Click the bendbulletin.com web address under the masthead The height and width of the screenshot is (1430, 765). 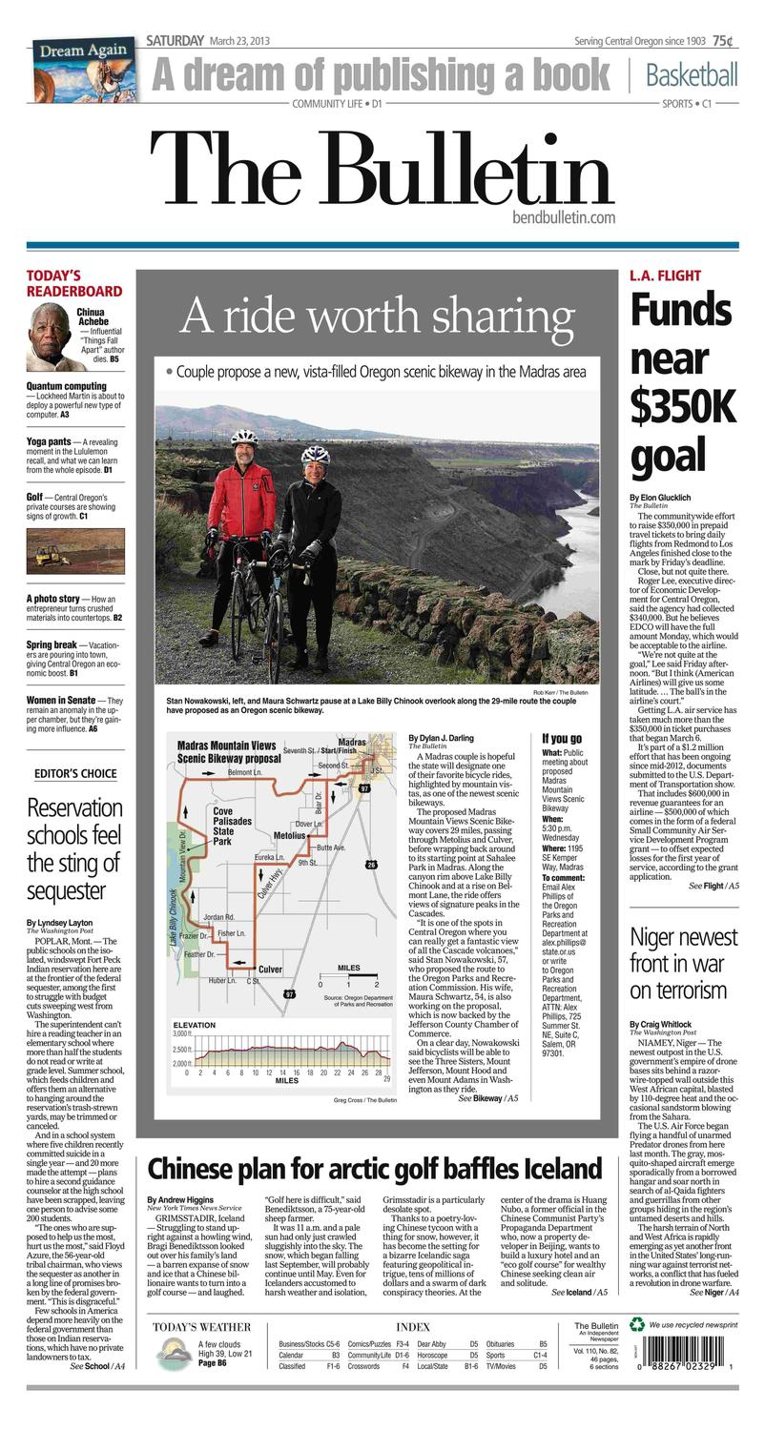point(563,218)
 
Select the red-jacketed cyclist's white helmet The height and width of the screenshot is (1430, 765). point(244,438)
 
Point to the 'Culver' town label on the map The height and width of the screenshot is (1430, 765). point(271,969)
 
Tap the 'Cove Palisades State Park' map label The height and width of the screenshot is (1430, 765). point(233,826)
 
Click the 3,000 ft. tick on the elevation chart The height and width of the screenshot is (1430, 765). point(182,1033)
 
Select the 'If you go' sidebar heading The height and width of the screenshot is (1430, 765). point(562,739)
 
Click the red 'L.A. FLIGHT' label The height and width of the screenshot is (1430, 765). point(665,276)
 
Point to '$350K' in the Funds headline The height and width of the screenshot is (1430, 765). point(682,406)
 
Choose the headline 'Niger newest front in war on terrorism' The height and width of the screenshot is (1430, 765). point(683,963)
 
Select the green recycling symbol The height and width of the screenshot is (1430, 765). point(636,1323)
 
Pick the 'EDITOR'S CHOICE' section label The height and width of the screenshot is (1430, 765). point(75,773)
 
